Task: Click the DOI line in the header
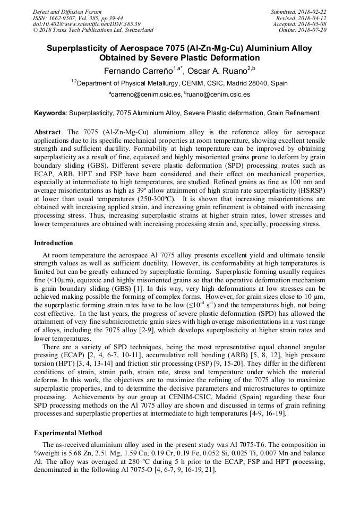(x=87, y=24)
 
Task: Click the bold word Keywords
(x=50, y=113)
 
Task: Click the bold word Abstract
(x=47, y=131)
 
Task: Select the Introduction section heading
(x=54, y=243)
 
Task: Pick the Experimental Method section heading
(x=68, y=433)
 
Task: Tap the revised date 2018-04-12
(x=312, y=18)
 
